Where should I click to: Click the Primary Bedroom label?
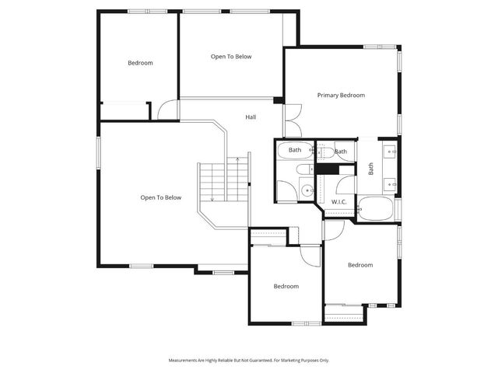click(341, 95)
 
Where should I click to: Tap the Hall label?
click(251, 117)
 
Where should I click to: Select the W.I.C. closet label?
click(338, 201)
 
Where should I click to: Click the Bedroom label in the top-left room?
click(140, 63)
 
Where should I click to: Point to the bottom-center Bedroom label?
click(286, 286)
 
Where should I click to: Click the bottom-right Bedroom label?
click(359, 265)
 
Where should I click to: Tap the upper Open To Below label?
click(231, 56)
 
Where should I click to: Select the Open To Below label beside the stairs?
click(160, 197)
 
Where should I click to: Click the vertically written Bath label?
click(370, 167)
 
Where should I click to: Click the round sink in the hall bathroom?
click(307, 189)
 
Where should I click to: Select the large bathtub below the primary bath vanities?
click(376, 208)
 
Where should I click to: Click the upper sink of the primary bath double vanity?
click(389, 150)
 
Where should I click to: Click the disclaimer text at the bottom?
click(249, 361)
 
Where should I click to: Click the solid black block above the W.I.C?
click(326, 169)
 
